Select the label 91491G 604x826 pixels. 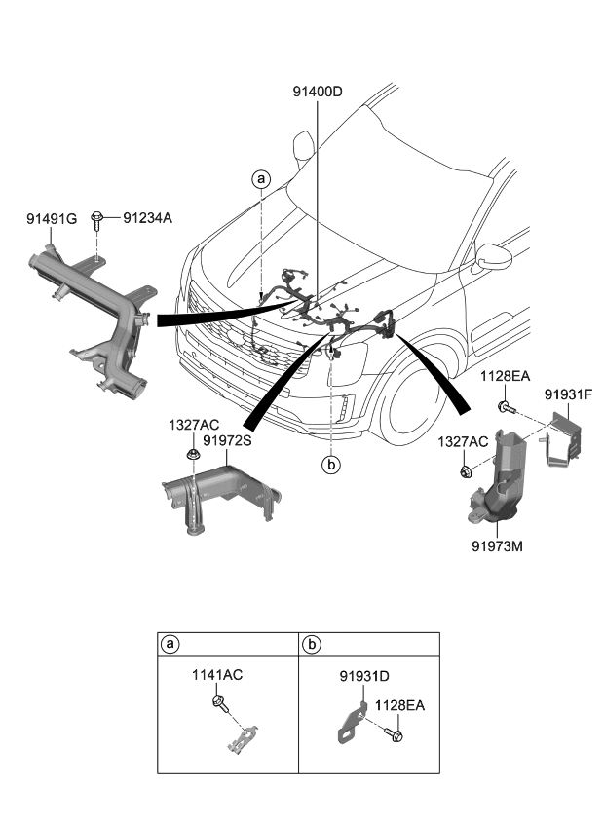51,219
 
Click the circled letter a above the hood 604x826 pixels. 260,178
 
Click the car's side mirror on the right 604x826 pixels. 493,258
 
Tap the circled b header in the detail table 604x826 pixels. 311,644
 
